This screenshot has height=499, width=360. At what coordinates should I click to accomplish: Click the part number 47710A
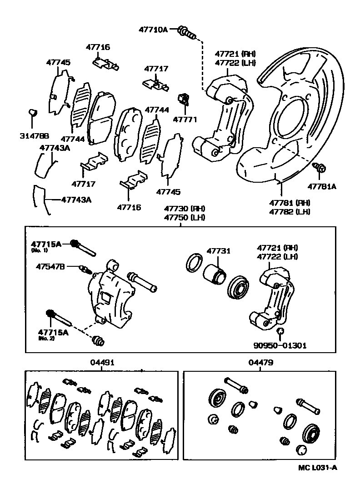[x=153, y=30]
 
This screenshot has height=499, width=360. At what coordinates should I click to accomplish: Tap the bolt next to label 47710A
[x=187, y=31]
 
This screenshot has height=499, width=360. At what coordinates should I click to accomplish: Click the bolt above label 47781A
[x=320, y=169]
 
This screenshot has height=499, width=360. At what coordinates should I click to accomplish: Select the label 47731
[x=219, y=251]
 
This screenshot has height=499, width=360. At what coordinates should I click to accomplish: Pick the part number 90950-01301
[x=280, y=345]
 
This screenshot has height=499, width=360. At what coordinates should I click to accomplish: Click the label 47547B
[x=50, y=267]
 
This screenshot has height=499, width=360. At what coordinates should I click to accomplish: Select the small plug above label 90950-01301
[x=280, y=331]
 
